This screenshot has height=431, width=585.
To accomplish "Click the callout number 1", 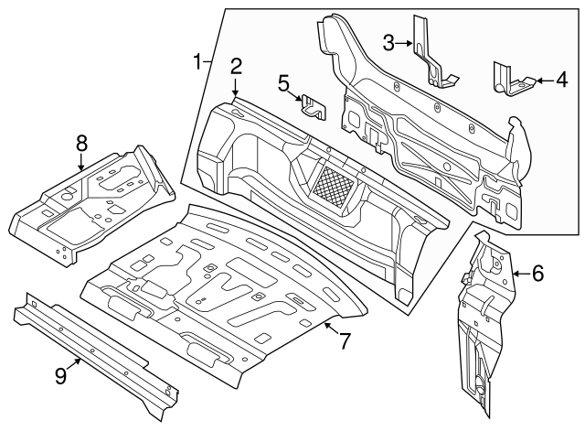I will tap(197, 61).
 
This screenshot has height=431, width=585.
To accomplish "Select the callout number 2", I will tap(236, 65).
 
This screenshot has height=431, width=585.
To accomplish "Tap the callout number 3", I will tap(388, 42).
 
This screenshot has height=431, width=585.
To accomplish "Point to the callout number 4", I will tap(560, 81).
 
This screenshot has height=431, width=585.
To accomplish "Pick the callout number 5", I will tap(284, 83).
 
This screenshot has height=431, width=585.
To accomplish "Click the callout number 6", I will tap(537, 272).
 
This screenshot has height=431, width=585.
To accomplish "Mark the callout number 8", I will tap(81, 142).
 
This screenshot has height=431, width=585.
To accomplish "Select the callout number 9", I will tap(60, 373).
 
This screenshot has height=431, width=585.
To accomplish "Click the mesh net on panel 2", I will tap(328, 185).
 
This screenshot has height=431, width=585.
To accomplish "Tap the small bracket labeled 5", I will tap(314, 107).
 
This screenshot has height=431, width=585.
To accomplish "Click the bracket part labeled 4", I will tap(510, 80).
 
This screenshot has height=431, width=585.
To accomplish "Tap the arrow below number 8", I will tap(81, 163).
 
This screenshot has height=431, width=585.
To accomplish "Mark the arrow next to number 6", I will tap(519, 272).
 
